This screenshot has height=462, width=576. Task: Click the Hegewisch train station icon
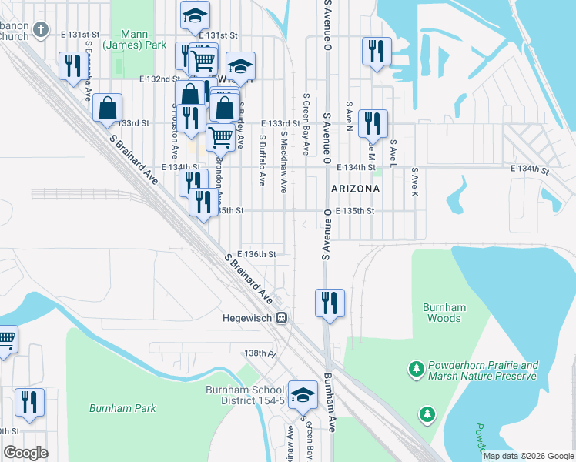click(283, 316)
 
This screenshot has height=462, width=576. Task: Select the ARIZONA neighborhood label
click(355, 188)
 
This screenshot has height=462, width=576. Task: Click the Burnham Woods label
click(444, 312)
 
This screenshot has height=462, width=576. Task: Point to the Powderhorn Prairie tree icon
click(417, 370)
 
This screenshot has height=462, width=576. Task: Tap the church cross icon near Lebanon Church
click(43, 32)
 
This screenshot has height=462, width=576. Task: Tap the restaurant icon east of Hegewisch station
click(330, 302)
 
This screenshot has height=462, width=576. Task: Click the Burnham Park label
click(122, 408)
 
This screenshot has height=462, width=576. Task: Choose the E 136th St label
click(257, 253)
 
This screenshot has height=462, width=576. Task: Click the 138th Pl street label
click(260, 353)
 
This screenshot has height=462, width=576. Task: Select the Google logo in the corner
click(26, 453)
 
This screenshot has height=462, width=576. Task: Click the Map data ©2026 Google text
click(528, 456)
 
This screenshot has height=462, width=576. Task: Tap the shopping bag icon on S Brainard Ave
click(108, 108)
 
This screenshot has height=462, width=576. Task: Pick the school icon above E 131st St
click(195, 15)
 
